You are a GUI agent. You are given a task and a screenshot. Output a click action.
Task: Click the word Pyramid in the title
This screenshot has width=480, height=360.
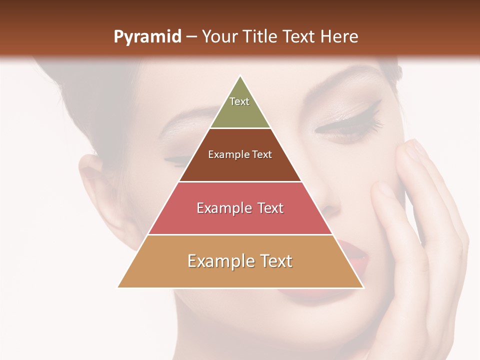pyautogui.click(x=147, y=37)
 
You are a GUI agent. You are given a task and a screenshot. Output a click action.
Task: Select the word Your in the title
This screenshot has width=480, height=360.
pyautogui.click(x=218, y=36)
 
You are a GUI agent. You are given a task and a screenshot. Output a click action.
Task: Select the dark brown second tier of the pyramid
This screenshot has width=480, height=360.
pyautogui.click(x=240, y=167)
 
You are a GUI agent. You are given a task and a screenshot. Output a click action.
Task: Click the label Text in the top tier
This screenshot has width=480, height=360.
pyautogui.click(x=239, y=101)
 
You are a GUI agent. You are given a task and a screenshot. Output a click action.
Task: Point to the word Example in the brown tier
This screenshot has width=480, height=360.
pyautogui.click(x=224, y=154)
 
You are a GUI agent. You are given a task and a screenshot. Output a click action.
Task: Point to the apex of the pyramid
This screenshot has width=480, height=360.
pyautogui.click(x=240, y=76)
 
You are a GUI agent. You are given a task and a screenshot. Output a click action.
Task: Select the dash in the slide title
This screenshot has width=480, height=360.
pyautogui.click(x=191, y=37)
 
